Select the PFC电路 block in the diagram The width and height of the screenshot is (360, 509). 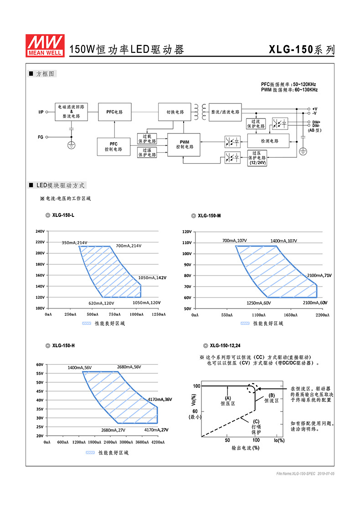(115, 112)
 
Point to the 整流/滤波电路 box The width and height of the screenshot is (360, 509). (225, 112)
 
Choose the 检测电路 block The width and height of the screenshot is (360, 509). (269, 141)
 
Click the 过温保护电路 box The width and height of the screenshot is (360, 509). (147, 152)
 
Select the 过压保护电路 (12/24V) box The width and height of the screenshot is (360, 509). (257, 158)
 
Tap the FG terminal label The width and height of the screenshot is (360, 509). (41, 137)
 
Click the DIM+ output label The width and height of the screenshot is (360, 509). (316, 122)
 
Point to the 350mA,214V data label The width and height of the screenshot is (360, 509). (74, 242)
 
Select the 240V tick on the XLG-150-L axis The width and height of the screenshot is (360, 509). (40, 231)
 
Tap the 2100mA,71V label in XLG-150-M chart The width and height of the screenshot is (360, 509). (319, 275)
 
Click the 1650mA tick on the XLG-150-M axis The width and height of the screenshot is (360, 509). (290, 315)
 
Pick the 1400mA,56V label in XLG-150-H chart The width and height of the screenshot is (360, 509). (80, 367)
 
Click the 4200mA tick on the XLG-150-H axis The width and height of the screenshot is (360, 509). (158, 442)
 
